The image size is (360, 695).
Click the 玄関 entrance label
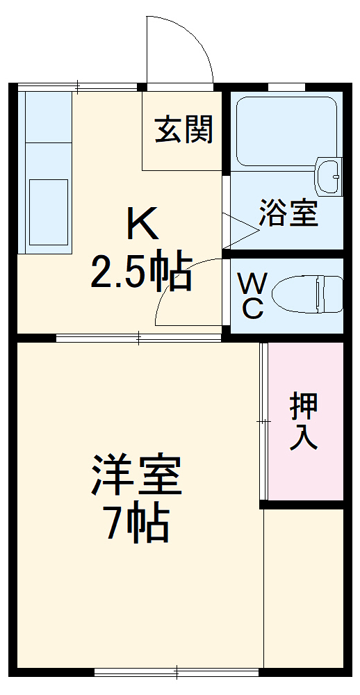[x=183, y=129]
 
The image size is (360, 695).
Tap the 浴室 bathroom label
[x=288, y=213]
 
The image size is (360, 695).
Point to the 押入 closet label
[x=304, y=421]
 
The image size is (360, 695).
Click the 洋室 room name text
[x=136, y=475]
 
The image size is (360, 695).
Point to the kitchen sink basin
[x=48, y=211]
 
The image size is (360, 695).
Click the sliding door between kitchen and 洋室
[x=139, y=339]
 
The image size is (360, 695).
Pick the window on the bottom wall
[x=178, y=671]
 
